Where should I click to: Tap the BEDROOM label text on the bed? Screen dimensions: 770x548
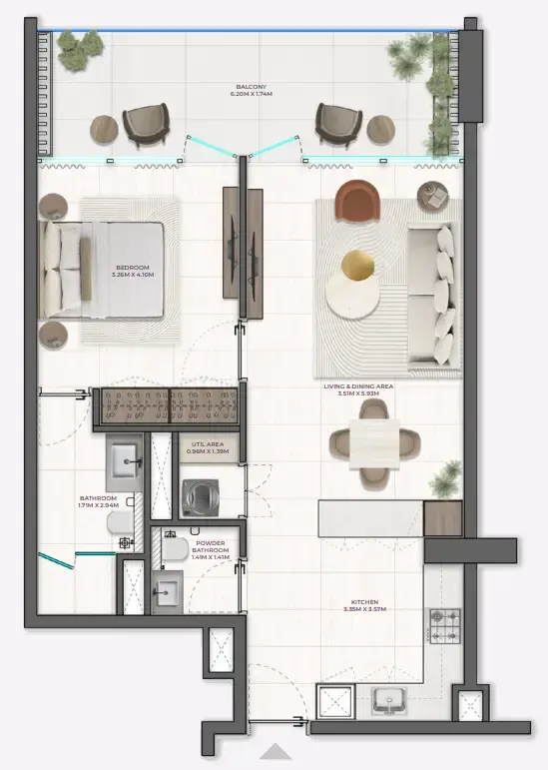(x=132, y=269)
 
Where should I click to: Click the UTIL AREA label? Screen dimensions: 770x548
(x=208, y=446)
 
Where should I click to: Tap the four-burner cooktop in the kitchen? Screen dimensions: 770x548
(x=443, y=625)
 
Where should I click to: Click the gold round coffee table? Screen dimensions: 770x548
(x=358, y=266)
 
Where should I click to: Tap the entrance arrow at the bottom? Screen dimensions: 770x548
(x=276, y=752)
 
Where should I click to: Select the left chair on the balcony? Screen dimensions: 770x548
(x=146, y=126)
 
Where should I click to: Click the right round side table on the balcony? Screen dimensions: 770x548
(x=381, y=129)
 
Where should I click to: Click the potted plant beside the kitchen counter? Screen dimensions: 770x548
(x=444, y=480)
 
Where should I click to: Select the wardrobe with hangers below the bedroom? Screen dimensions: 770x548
(x=168, y=407)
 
